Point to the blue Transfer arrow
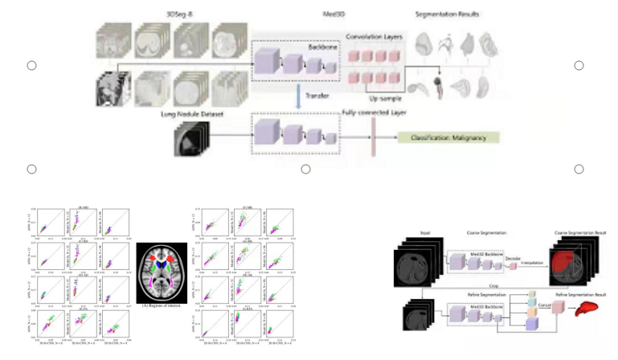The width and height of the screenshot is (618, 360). pos(298,96)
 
